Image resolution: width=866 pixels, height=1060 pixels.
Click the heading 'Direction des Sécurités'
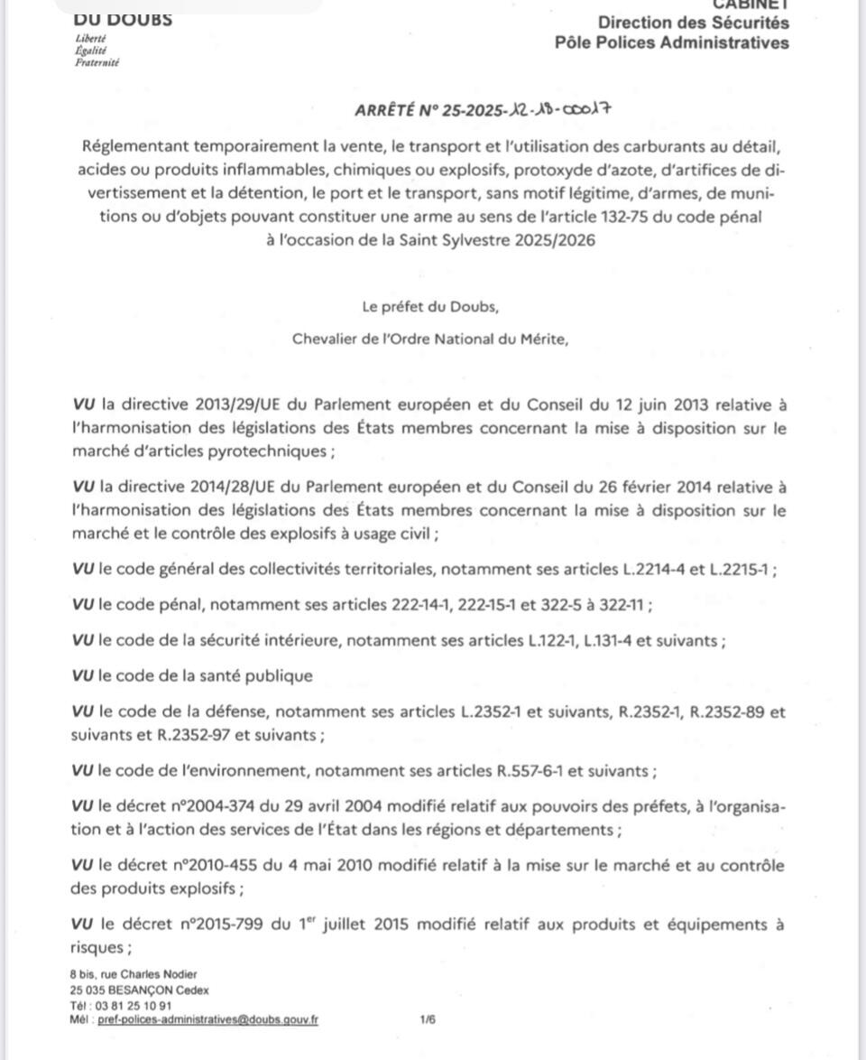[693, 23]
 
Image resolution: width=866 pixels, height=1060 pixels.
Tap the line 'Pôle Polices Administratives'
[672, 42]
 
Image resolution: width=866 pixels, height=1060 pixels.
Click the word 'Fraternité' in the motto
[97, 63]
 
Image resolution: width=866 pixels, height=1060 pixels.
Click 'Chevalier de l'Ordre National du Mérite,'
[430, 339]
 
